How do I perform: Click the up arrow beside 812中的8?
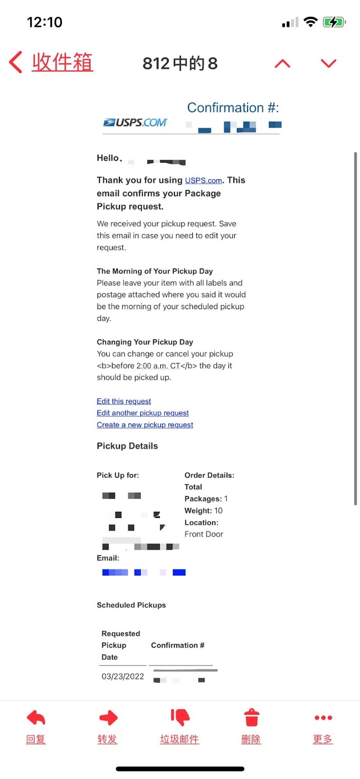[x=283, y=64]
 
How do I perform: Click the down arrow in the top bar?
[x=329, y=64]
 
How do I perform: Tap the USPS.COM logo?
[x=135, y=122]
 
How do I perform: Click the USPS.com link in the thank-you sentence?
[x=203, y=181]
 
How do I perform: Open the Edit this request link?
[x=124, y=401]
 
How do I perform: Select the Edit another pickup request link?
[x=143, y=413]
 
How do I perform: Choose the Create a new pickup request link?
[x=145, y=425]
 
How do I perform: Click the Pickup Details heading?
[x=127, y=446]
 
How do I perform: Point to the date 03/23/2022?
[x=123, y=676]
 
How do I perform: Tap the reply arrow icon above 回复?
[x=36, y=717]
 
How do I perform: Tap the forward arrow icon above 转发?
[x=108, y=717]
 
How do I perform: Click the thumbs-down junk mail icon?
[x=180, y=717]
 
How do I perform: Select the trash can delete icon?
[x=251, y=718]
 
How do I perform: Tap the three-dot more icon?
[x=323, y=718]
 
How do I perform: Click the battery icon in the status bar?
[x=334, y=22]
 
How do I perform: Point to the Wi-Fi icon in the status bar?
[x=310, y=22]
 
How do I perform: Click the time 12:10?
[x=44, y=22]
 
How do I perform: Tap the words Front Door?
[x=204, y=534]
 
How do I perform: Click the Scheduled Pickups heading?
[x=131, y=605]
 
